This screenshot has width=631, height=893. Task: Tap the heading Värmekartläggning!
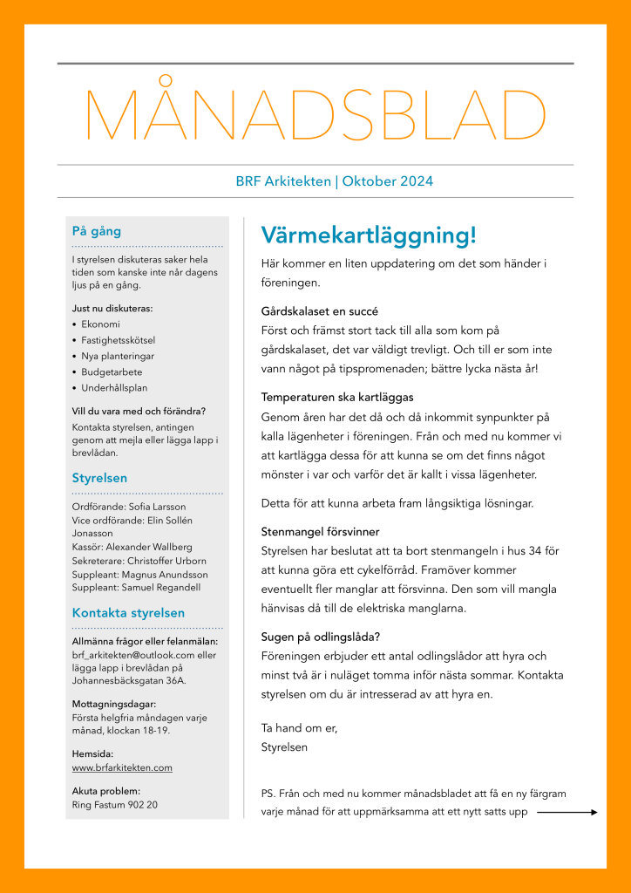(369, 235)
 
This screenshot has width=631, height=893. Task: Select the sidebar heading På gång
(96, 231)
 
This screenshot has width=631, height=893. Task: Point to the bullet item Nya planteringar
(118, 356)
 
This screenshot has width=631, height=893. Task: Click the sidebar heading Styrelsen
(99, 478)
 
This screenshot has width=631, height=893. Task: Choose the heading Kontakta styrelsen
(128, 612)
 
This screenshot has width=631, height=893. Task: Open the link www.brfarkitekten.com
(122, 767)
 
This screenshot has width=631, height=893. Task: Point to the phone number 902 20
(141, 805)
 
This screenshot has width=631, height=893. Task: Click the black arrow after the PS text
(567, 812)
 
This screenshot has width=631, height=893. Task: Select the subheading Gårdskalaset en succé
(319, 311)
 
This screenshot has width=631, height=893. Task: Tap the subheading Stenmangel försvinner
(320, 531)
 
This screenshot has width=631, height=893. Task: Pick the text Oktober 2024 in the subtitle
(388, 181)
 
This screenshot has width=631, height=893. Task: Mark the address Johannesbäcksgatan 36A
(128, 680)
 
